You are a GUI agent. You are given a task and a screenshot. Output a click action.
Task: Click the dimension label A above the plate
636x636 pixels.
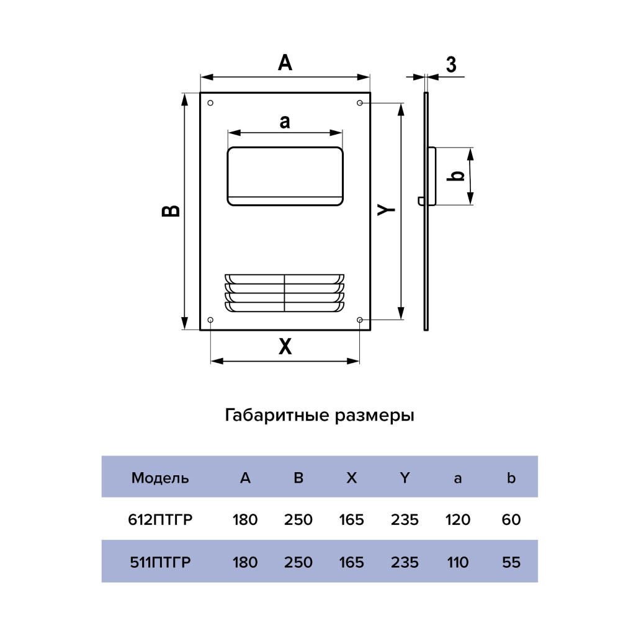coord(285,62)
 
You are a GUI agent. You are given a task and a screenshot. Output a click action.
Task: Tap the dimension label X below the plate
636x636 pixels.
coord(285,347)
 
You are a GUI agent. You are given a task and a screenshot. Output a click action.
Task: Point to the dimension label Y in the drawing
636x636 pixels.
coord(387,210)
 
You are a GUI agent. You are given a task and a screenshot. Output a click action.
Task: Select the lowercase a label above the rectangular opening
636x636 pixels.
coord(284,122)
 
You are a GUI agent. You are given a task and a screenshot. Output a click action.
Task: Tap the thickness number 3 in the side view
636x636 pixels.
coord(451,64)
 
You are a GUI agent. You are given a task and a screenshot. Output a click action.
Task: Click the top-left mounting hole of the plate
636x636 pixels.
coord(210,102)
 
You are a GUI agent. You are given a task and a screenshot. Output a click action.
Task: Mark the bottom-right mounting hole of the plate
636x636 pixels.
coord(360,320)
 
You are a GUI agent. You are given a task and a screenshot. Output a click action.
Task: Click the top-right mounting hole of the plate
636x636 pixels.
coord(360,102)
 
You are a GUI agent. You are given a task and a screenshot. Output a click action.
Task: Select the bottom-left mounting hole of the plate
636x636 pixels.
coord(210,320)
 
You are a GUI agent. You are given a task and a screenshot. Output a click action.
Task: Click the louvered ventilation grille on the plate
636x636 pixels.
coord(284,292)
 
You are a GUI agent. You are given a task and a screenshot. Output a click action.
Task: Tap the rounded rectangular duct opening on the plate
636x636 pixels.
coord(285,176)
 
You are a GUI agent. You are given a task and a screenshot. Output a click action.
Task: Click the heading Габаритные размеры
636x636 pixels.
coord(319,415)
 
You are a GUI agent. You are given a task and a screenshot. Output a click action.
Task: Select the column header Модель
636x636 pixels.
coord(160,478)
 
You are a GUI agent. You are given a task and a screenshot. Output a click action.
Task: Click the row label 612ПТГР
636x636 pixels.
coord(160,519)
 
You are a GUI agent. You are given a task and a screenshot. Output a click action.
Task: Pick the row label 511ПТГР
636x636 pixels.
coord(160,562)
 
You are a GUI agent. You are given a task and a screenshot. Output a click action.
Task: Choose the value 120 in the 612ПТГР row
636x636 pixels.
coord(458,519)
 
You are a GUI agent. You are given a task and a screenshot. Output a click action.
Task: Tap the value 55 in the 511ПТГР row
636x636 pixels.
coord(511,562)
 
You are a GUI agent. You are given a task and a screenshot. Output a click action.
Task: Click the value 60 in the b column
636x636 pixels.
coord(511,519)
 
